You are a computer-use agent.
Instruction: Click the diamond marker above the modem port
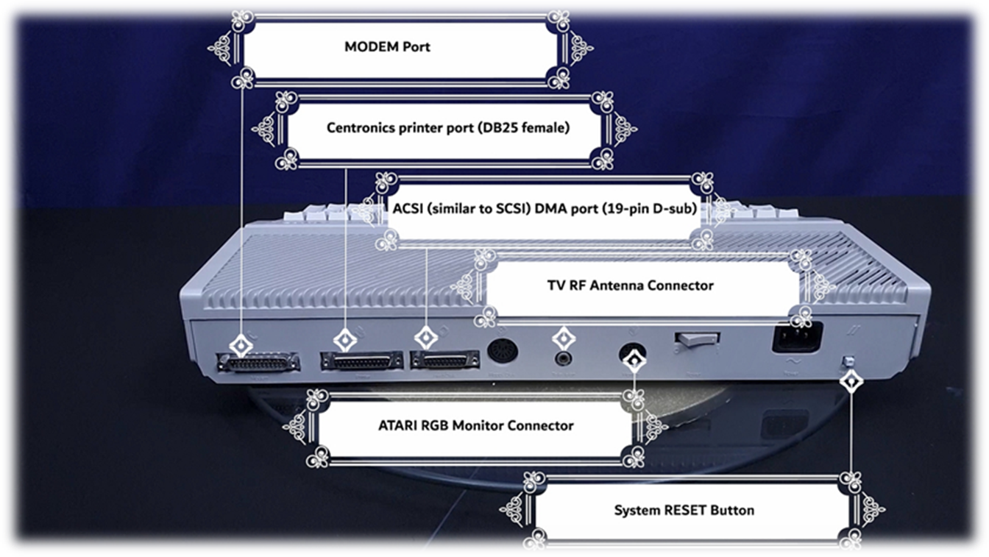[x=241, y=344]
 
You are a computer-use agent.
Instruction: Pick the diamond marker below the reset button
[x=851, y=381]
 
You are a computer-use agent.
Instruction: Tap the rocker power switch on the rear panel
[x=696, y=339]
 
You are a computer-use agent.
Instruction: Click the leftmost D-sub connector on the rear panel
[x=258, y=362]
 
